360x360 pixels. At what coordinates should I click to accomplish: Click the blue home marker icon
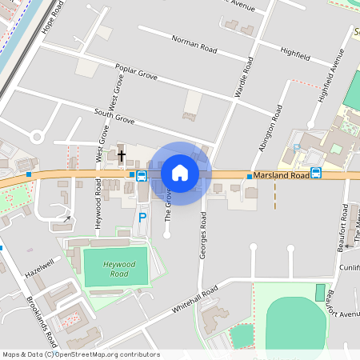point(180,173)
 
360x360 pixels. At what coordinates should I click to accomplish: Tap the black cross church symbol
point(122,157)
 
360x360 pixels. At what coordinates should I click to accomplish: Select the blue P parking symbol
point(142,217)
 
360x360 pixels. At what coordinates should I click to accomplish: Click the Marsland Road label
point(281,175)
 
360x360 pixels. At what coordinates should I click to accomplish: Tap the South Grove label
point(114,116)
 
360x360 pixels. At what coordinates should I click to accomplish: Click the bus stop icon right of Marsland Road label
point(316,173)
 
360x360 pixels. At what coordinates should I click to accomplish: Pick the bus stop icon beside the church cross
point(141,175)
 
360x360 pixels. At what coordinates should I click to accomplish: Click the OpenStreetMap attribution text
point(80,354)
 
